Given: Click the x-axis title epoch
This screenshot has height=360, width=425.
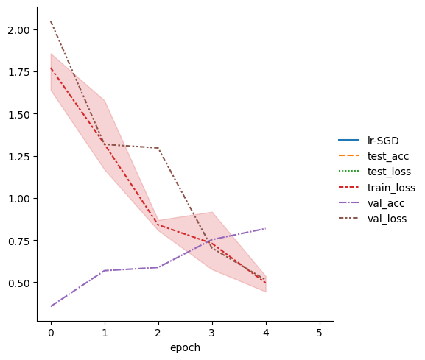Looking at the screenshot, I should [x=185, y=347].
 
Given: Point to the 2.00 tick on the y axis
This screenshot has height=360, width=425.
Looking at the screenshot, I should [x=18, y=30].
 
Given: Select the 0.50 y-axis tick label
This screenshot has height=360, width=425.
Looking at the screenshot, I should [x=18, y=283].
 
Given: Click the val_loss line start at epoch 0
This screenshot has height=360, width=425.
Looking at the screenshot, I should [x=51, y=21].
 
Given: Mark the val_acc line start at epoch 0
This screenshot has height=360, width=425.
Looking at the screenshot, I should [x=51, y=306].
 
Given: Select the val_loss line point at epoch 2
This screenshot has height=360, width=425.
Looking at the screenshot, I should [x=158, y=148].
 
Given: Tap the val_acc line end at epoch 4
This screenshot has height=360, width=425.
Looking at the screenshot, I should [x=266, y=228].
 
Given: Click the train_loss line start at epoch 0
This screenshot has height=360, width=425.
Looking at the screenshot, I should [x=51, y=68].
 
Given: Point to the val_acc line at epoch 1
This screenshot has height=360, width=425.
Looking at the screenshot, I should [x=105, y=270].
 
